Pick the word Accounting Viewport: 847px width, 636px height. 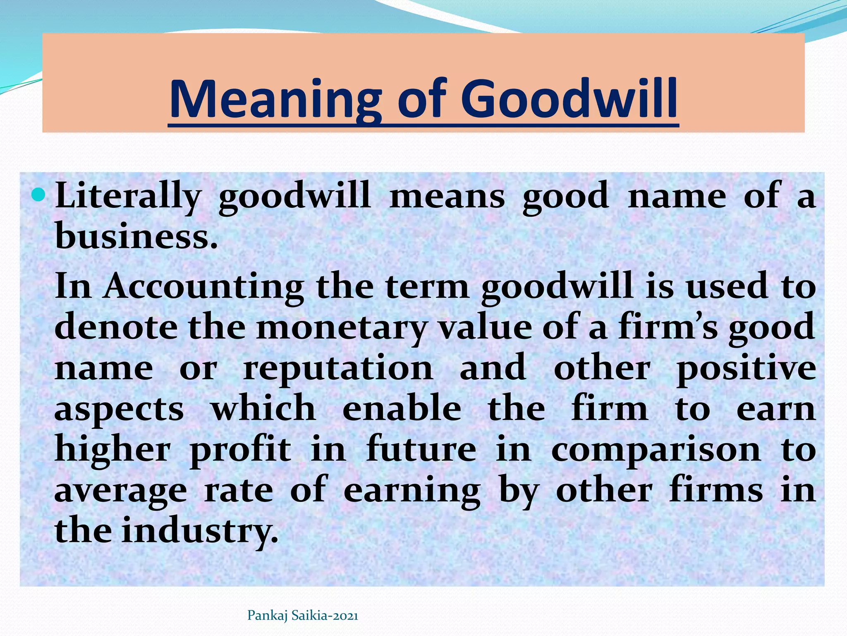click(x=203, y=287)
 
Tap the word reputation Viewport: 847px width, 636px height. click(x=338, y=369)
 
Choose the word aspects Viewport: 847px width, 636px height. click(x=119, y=410)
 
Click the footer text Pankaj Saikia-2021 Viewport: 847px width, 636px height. click(x=303, y=616)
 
